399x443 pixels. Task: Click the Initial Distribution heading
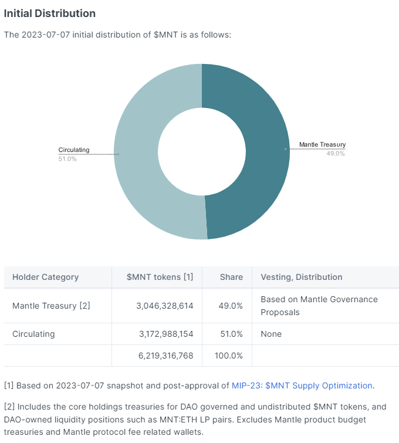tap(50, 13)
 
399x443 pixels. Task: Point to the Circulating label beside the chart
tap(74, 150)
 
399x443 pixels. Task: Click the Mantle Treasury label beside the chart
tap(322, 144)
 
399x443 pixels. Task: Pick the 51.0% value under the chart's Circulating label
tap(67, 159)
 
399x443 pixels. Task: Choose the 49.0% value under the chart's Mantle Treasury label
tap(336, 154)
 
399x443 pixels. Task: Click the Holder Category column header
tap(45, 277)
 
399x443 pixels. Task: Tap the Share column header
tap(231, 277)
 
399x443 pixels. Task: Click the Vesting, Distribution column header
tap(301, 277)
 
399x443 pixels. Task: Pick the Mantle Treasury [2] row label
tap(51, 306)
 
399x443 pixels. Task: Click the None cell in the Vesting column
tap(271, 334)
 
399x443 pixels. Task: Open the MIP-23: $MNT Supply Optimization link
tap(302, 385)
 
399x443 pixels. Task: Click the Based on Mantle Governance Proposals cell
tap(319, 306)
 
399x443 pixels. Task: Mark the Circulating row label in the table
tap(33, 334)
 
